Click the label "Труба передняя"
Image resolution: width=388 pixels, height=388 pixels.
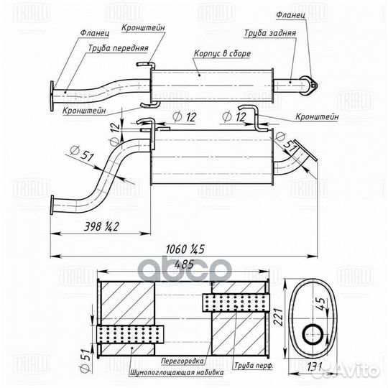click(x=118, y=50)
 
